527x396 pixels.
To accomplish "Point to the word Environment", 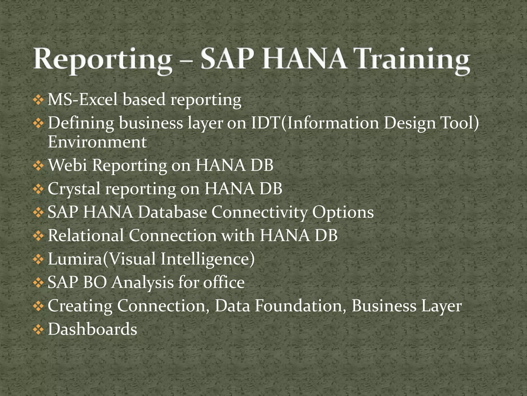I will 97,142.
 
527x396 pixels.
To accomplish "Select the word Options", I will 343,212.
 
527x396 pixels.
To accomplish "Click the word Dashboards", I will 92,329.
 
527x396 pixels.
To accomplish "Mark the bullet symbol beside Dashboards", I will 38,330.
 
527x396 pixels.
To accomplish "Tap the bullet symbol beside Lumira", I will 38,259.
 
